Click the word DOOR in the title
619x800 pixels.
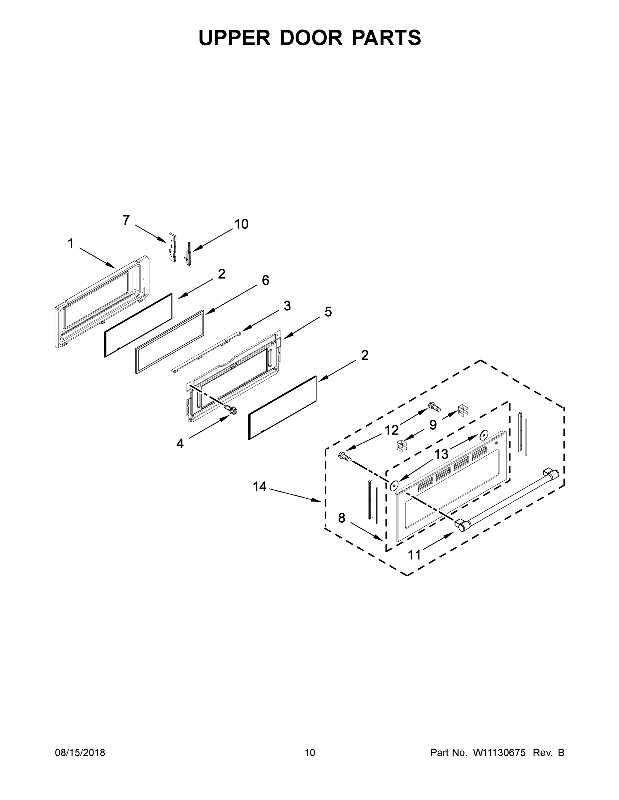coord(311,38)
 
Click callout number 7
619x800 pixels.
coord(126,220)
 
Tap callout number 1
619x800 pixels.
coord(71,243)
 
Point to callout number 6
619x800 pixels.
coord(266,280)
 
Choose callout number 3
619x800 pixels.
coord(287,305)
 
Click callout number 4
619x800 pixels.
coord(180,444)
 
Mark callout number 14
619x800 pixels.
coord(259,487)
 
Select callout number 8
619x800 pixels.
coord(341,518)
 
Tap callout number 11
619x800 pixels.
coord(414,555)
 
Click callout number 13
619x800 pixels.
coord(441,454)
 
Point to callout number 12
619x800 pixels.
coord(392,430)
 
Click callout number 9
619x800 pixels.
coord(433,425)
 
